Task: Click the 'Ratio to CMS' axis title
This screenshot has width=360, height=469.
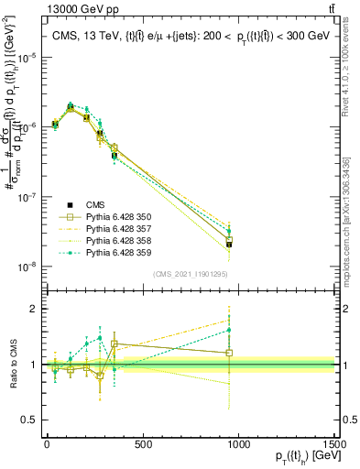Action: (12, 364)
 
